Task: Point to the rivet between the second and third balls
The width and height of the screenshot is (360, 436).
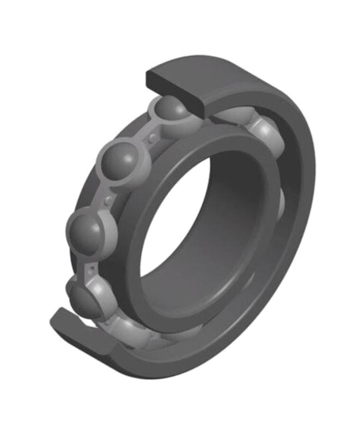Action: click(109, 199)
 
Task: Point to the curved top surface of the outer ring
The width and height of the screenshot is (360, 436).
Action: click(251, 76)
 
